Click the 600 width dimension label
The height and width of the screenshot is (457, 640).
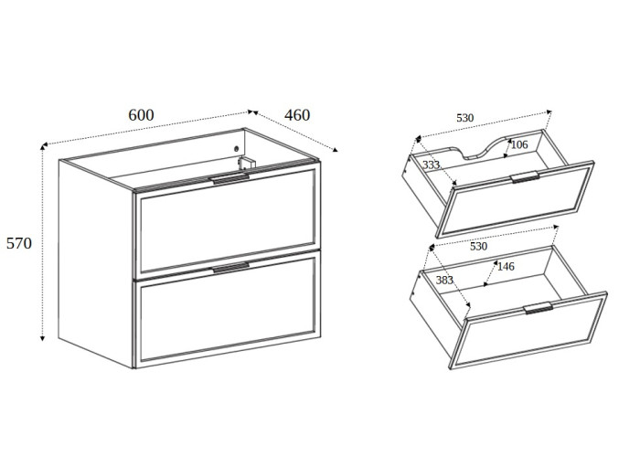(x=141, y=115)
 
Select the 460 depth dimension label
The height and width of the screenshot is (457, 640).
(x=297, y=115)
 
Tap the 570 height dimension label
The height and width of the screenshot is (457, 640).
(x=19, y=243)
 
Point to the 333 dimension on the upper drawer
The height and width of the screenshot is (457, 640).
(x=431, y=165)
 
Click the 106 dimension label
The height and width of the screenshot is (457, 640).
(x=519, y=144)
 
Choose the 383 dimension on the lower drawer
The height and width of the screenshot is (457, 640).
(x=444, y=281)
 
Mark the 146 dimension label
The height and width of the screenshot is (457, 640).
(x=506, y=267)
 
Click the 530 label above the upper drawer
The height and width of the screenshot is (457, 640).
(x=464, y=118)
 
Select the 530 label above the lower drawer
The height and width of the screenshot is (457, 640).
(x=479, y=247)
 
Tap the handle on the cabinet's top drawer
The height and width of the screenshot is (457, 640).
(x=229, y=179)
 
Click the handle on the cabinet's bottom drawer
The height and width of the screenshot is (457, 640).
(x=230, y=267)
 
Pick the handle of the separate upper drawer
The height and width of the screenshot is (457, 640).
(x=525, y=176)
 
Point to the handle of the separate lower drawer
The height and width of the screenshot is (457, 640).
(x=539, y=308)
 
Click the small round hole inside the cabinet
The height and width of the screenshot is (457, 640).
(x=236, y=149)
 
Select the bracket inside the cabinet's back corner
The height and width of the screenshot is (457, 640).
(x=247, y=163)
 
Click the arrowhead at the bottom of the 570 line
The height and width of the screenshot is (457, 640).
(x=42, y=337)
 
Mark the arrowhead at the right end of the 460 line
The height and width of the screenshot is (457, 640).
(x=336, y=150)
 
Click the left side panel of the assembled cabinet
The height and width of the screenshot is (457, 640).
(x=96, y=263)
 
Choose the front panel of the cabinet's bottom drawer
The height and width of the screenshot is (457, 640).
(x=228, y=310)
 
